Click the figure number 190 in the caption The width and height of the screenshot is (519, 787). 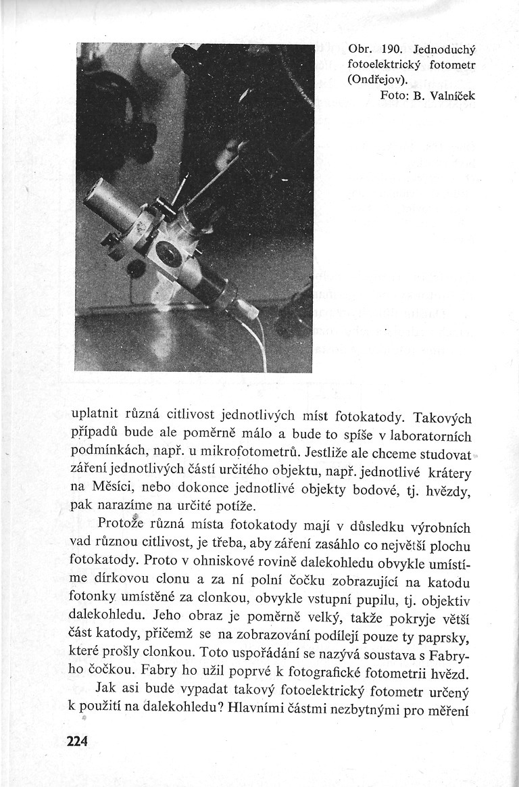click(392, 51)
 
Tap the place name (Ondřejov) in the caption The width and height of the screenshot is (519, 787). click(376, 80)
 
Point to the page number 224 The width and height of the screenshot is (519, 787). click(78, 740)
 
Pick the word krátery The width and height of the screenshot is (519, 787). click(450, 469)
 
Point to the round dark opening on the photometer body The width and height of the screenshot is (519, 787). click(168, 255)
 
